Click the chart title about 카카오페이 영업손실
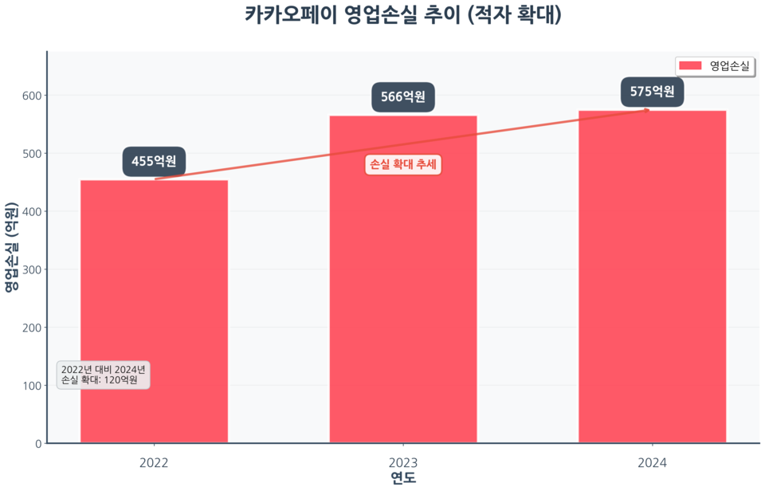402,15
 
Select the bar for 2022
154,311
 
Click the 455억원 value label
154,162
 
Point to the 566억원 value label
403,97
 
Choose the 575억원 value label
652,92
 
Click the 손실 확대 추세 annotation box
403,165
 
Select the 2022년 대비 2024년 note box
104,375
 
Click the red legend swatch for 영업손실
690,65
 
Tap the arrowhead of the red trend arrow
647,110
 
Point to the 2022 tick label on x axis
154,462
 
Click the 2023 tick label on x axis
403,462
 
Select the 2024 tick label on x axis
652,462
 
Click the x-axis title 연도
403,478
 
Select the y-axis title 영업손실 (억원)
11,247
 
